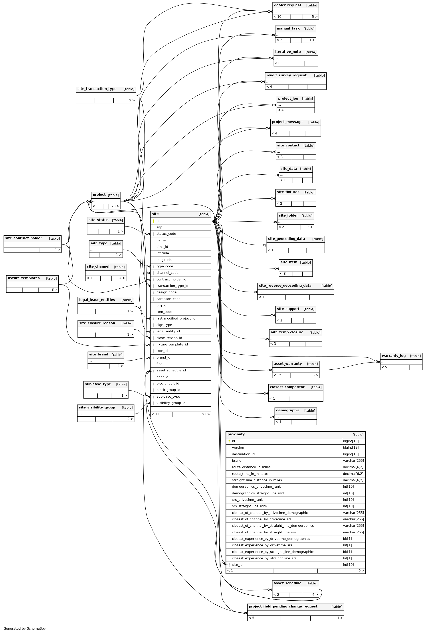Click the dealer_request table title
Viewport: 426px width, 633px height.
[287, 5]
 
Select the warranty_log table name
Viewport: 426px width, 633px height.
[393, 356]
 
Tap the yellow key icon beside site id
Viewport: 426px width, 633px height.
[153, 221]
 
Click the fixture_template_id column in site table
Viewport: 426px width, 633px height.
[172, 344]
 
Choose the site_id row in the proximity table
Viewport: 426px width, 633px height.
[237, 565]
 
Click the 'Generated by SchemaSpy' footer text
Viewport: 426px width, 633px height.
[24, 628]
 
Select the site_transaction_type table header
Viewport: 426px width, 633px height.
[97, 89]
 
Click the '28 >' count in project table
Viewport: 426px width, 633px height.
[115, 206]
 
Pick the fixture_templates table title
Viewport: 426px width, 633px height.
[24, 278]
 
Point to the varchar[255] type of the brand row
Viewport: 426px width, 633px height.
[353, 461]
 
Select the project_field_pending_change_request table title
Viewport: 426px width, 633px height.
[283, 606]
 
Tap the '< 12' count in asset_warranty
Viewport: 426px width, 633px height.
[277, 375]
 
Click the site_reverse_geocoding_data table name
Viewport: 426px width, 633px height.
[285, 286]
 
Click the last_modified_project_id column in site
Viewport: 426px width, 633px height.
[176, 318]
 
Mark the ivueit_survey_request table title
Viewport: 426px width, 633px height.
[286, 75]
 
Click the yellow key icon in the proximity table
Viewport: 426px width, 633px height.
[229, 441]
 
